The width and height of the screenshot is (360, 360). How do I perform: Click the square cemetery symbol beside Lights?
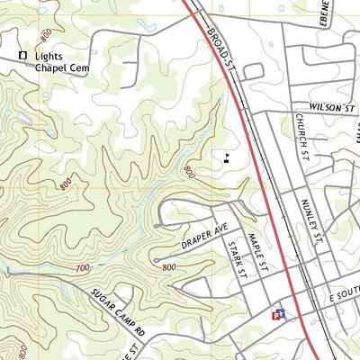(x=23, y=56)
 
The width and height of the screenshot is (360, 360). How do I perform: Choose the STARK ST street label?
(x=237, y=261)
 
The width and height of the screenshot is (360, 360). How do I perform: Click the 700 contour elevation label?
(x=83, y=268)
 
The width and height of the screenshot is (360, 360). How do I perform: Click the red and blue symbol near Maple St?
(x=279, y=314)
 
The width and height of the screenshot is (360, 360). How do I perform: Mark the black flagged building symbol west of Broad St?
(x=227, y=158)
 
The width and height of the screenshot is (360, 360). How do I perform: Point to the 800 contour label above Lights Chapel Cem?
(x=46, y=33)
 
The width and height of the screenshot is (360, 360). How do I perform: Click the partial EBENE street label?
(x=326, y=13)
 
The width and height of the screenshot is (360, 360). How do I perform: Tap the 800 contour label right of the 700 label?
(x=168, y=267)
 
